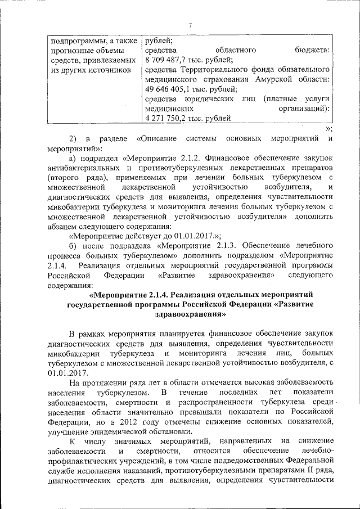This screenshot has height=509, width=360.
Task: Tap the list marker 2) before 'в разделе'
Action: tap(72, 138)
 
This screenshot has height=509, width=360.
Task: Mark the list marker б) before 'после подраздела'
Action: tap(72, 246)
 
